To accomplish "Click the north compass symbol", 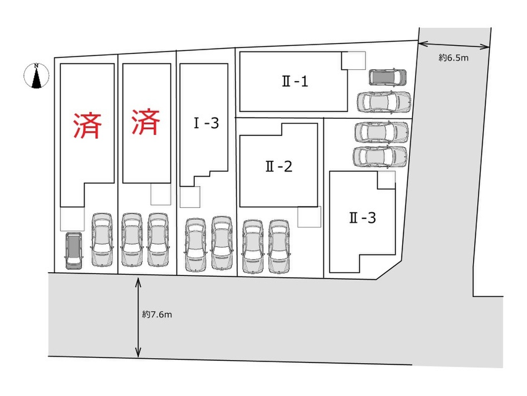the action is (x=36, y=76).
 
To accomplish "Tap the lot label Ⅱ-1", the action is (x=295, y=82).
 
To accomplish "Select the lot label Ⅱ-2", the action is (x=279, y=166).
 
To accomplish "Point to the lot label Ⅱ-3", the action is (x=362, y=218).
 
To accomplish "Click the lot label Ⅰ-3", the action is (x=206, y=123).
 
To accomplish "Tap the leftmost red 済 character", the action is (x=87, y=125).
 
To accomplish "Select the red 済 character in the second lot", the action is (x=146, y=122).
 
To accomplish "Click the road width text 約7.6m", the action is (x=157, y=314).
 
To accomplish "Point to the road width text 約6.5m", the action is (x=454, y=58).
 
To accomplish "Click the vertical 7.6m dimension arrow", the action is (x=138, y=317).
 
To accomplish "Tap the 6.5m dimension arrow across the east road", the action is (x=454, y=45).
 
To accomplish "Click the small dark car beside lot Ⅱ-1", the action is (x=388, y=77).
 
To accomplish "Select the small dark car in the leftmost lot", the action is (x=73, y=250).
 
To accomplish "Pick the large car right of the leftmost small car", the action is (x=102, y=240).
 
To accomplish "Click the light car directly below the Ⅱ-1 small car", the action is (x=384, y=101).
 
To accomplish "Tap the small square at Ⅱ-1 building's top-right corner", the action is (x=353, y=61).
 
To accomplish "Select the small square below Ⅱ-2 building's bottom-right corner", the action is (x=309, y=217).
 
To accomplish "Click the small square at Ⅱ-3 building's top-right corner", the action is (x=386, y=180).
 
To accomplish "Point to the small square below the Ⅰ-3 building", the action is (x=190, y=197).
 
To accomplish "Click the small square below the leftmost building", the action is (x=72, y=219).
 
